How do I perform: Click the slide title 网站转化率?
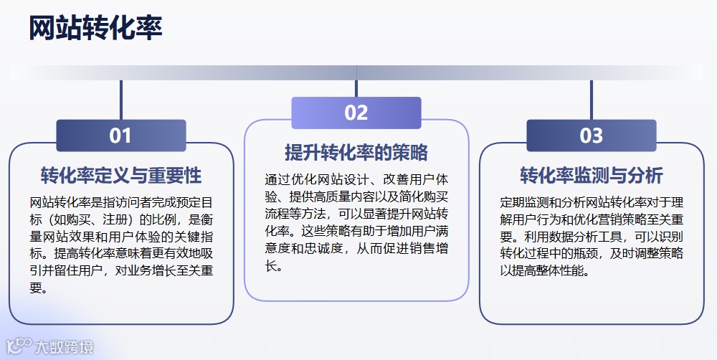pyautogui.click(x=95, y=29)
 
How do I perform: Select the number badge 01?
pyautogui.click(x=120, y=136)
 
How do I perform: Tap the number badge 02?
pyautogui.click(x=356, y=113)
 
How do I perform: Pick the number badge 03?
pyautogui.click(x=591, y=136)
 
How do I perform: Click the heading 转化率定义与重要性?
pyautogui.click(x=120, y=176)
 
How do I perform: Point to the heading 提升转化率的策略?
pyautogui.click(x=356, y=153)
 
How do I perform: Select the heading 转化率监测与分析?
pyautogui.click(x=591, y=176)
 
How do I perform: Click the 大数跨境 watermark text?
pyautogui.click(x=64, y=348)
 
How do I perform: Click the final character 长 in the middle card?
pyautogui.click(x=271, y=267)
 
